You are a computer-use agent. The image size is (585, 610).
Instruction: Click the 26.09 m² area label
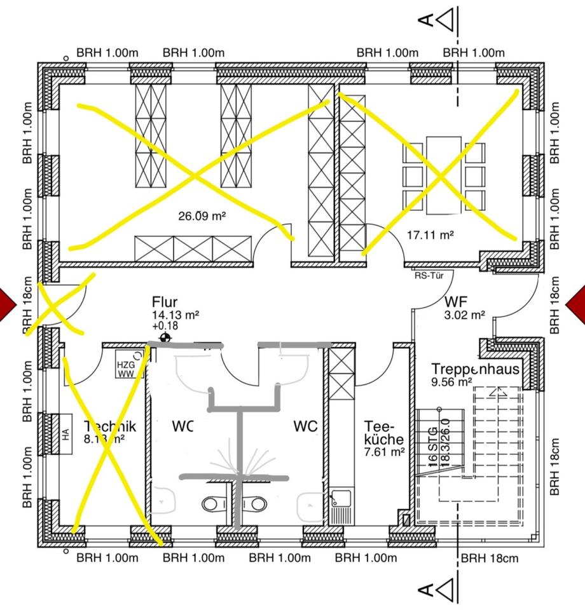click(202, 216)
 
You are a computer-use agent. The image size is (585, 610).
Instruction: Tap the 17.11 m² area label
click(430, 235)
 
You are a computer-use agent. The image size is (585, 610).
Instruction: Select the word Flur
click(165, 302)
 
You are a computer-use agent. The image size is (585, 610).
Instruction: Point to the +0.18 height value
click(165, 325)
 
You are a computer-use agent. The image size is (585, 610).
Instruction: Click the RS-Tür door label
click(429, 275)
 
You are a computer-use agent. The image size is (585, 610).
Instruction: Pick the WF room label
click(457, 301)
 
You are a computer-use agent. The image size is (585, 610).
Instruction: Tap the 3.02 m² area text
click(465, 314)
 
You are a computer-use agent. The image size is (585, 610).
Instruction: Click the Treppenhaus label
click(475, 369)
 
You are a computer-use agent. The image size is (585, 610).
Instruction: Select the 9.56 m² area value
click(451, 383)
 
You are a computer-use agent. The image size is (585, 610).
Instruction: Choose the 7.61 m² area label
click(385, 452)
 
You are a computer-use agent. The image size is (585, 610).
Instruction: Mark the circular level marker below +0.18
click(166, 337)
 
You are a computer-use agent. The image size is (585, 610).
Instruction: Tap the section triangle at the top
click(447, 20)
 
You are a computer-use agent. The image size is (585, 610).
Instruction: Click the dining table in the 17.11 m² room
click(443, 174)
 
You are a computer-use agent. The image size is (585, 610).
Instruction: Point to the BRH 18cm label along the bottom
click(490, 559)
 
